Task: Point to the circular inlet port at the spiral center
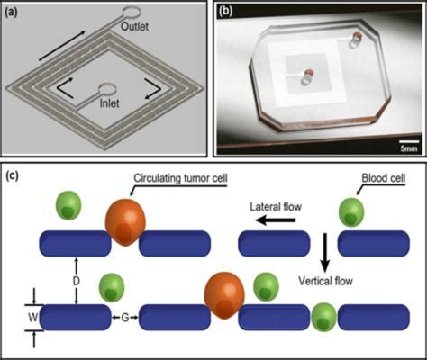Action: [107, 90]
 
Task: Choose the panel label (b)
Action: [226, 12]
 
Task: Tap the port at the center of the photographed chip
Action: [308, 76]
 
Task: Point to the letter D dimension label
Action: [77, 281]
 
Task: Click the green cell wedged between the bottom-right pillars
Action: [323, 318]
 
